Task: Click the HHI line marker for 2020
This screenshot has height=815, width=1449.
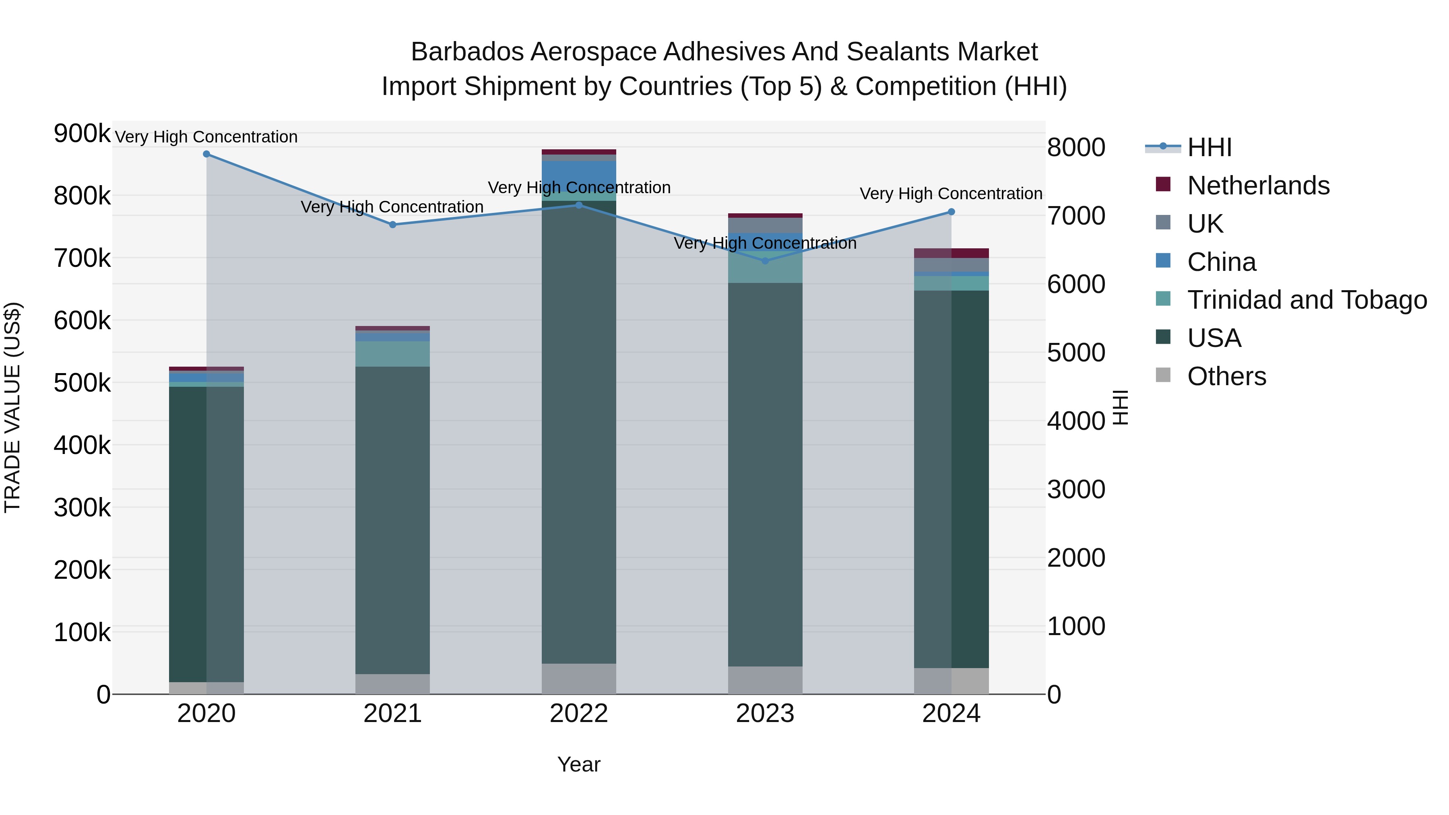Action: [x=206, y=154]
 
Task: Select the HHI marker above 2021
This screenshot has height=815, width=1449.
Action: [x=392, y=225]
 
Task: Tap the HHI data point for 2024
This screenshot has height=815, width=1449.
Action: [x=951, y=212]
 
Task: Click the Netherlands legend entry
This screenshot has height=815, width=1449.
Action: [x=1258, y=186]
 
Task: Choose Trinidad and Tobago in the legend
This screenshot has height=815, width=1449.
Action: [x=1307, y=300]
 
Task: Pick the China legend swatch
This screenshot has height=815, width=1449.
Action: [x=1163, y=261]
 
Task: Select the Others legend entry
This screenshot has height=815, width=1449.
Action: [x=1226, y=376]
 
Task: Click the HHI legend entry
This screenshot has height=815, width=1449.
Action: [x=1210, y=147]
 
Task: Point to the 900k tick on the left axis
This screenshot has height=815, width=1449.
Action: [x=82, y=134]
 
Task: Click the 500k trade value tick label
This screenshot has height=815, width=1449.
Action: [x=82, y=384]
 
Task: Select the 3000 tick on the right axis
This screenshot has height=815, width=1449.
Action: [x=1075, y=489]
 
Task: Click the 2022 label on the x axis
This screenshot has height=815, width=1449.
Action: [x=579, y=714]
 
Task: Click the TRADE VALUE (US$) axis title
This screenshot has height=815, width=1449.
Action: [x=12, y=407]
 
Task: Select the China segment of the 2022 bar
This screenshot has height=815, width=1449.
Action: [x=579, y=175]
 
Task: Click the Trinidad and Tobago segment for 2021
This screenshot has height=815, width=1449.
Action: [x=392, y=354]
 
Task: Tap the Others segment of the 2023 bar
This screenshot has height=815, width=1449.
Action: [x=765, y=680]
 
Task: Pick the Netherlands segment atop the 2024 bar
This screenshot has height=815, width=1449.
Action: [x=951, y=253]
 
